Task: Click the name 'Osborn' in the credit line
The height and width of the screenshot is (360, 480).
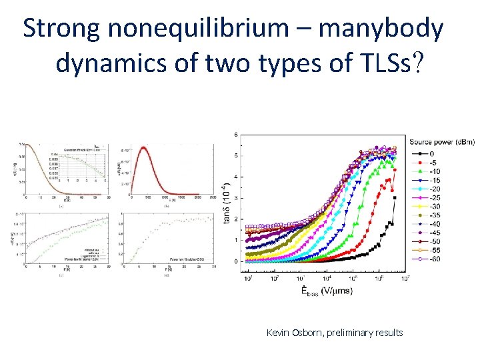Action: (x=308, y=332)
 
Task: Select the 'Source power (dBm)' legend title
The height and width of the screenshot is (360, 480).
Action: (x=442, y=141)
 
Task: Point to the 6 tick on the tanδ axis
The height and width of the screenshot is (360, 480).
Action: (x=235, y=135)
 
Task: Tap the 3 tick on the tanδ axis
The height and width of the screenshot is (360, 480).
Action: (x=235, y=198)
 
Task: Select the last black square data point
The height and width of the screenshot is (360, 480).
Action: (x=395, y=197)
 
